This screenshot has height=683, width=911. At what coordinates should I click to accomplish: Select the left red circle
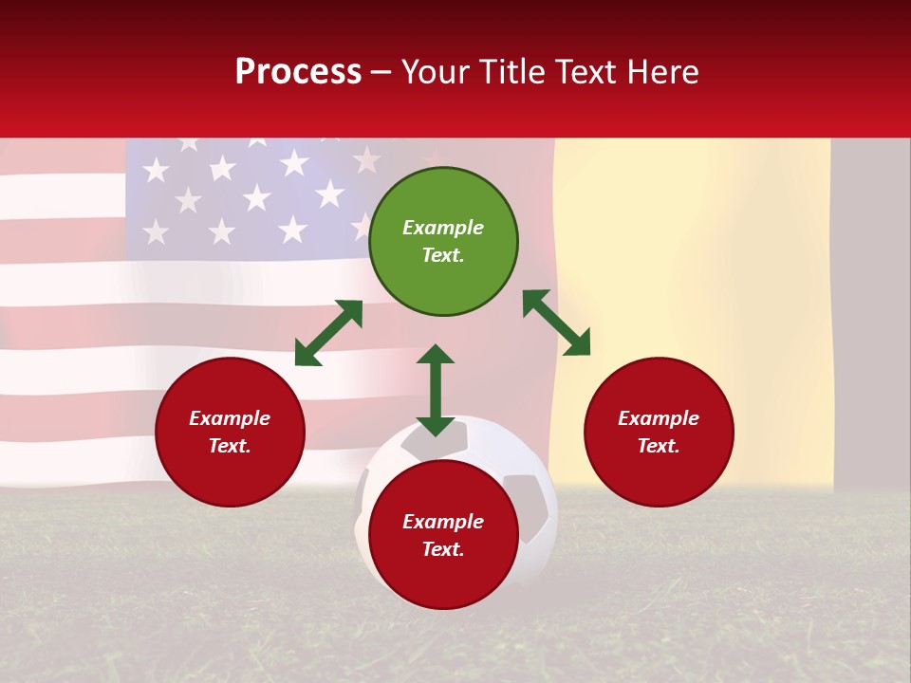click(x=230, y=432)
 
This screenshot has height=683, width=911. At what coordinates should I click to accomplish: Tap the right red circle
click(x=659, y=432)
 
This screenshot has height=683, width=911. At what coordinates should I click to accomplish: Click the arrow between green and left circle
click(x=328, y=333)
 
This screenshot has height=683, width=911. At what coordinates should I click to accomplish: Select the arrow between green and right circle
click(x=556, y=323)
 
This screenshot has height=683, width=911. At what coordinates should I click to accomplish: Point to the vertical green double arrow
click(x=436, y=390)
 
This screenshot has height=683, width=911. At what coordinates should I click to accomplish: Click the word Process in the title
click(x=298, y=72)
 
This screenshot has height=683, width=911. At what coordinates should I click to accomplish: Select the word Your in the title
click(x=434, y=72)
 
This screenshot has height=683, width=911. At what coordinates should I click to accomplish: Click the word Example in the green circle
click(x=443, y=228)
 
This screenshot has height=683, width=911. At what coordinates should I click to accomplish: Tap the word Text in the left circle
click(x=230, y=446)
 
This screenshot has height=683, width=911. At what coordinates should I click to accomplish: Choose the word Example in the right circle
click(x=659, y=418)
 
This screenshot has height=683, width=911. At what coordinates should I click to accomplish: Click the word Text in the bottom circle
click(x=443, y=549)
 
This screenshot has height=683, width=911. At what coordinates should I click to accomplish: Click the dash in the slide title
click(x=381, y=72)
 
